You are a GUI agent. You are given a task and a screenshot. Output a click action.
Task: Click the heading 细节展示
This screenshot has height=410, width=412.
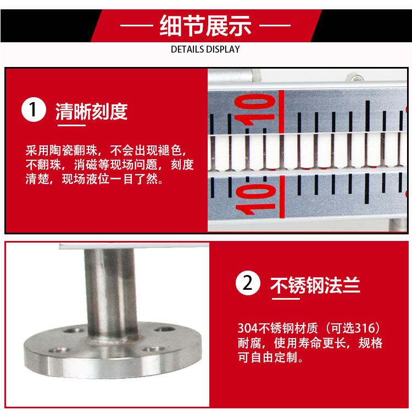click(205, 25)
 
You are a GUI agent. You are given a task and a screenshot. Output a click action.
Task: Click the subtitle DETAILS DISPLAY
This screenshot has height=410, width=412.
click(205, 49)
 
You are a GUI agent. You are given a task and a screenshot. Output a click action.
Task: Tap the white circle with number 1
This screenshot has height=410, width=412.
click(34, 109)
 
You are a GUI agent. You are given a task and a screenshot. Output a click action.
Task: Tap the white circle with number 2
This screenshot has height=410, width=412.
click(248, 283)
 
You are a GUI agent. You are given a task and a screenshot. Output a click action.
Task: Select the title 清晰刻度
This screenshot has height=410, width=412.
click(91, 111)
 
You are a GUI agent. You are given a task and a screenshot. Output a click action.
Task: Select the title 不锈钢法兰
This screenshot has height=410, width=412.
click(315, 285)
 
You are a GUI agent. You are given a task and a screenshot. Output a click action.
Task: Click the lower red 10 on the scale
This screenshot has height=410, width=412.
click(255, 199)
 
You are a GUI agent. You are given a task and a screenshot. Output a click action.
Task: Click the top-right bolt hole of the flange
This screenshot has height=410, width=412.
click(165, 329)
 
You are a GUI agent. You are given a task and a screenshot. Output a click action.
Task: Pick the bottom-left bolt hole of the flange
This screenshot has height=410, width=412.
click(59, 350)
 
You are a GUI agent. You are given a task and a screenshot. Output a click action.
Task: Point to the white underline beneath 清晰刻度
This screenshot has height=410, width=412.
click(72, 125)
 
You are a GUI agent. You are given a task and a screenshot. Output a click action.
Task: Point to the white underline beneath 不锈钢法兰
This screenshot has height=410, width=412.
click(286, 299)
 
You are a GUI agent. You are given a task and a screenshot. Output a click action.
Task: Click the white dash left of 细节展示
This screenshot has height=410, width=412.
click(137, 25)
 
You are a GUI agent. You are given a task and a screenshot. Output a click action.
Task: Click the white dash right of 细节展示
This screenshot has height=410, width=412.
click(275, 25)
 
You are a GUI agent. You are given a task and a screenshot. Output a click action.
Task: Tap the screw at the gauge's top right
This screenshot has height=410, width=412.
click(356, 78)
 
